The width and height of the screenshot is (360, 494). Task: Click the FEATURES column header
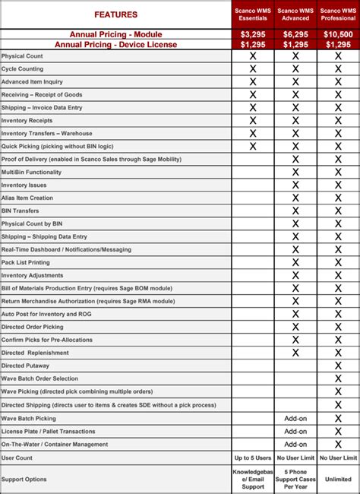[x=116, y=14]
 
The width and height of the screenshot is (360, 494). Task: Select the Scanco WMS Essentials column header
[x=253, y=14]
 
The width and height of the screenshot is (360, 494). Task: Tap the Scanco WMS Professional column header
[x=338, y=14]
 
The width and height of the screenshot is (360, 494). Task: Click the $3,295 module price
[x=253, y=35]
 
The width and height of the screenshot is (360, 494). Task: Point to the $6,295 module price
[x=295, y=35]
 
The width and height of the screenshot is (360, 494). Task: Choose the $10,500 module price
[x=338, y=35]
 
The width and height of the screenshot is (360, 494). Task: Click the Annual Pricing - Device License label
[x=115, y=45]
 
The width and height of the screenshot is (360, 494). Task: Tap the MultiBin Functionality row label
[x=31, y=172]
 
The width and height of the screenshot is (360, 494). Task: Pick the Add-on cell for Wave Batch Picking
[x=295, y=418]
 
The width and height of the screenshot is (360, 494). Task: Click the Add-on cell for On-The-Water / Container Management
[x=295, y=445]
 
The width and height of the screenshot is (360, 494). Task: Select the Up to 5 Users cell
[x=253, y=458]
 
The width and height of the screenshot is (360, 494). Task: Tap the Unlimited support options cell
[x=338, y=480]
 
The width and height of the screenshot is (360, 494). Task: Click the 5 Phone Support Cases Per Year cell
[x=295, y=480]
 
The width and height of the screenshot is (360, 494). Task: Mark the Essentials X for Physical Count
[x=253, y=56]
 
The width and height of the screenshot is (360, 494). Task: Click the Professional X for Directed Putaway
[x=338, y=366]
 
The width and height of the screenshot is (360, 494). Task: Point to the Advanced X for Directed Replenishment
[x=295, y=353]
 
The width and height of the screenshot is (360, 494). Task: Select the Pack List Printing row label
[x=26, y=262]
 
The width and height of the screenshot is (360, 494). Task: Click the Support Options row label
[x=24, y=480]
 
